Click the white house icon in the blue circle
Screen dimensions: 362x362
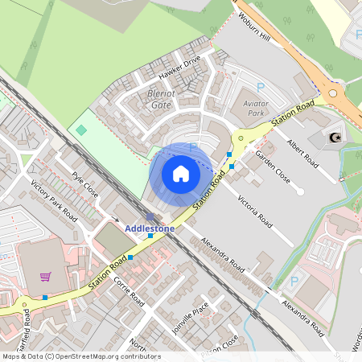(181, 174)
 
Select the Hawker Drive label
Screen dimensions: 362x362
(179, 70)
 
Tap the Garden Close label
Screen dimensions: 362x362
(271, 164)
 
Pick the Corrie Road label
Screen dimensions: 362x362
(129, 292)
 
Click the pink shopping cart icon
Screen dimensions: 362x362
(46, 277)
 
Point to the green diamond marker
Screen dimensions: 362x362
(81, 130)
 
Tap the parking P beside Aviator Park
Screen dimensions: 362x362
(260, 87)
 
